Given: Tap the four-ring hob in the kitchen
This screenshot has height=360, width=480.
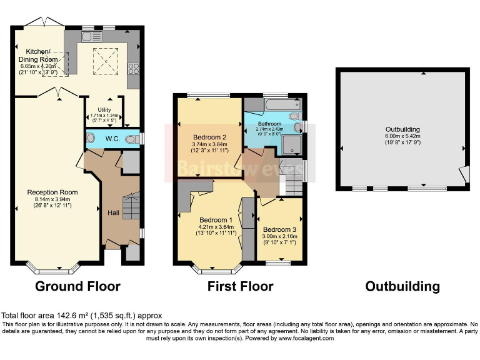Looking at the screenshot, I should (133, 68).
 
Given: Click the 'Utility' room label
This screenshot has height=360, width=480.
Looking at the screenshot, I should (104, 110).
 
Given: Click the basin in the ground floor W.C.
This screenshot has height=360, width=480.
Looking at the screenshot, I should (91, 138).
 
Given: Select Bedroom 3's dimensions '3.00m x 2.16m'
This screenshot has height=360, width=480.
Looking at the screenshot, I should (281, 237).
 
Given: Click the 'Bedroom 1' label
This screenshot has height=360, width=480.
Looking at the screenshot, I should (216, 220).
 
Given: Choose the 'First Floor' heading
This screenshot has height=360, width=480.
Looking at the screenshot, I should (241, 287).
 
